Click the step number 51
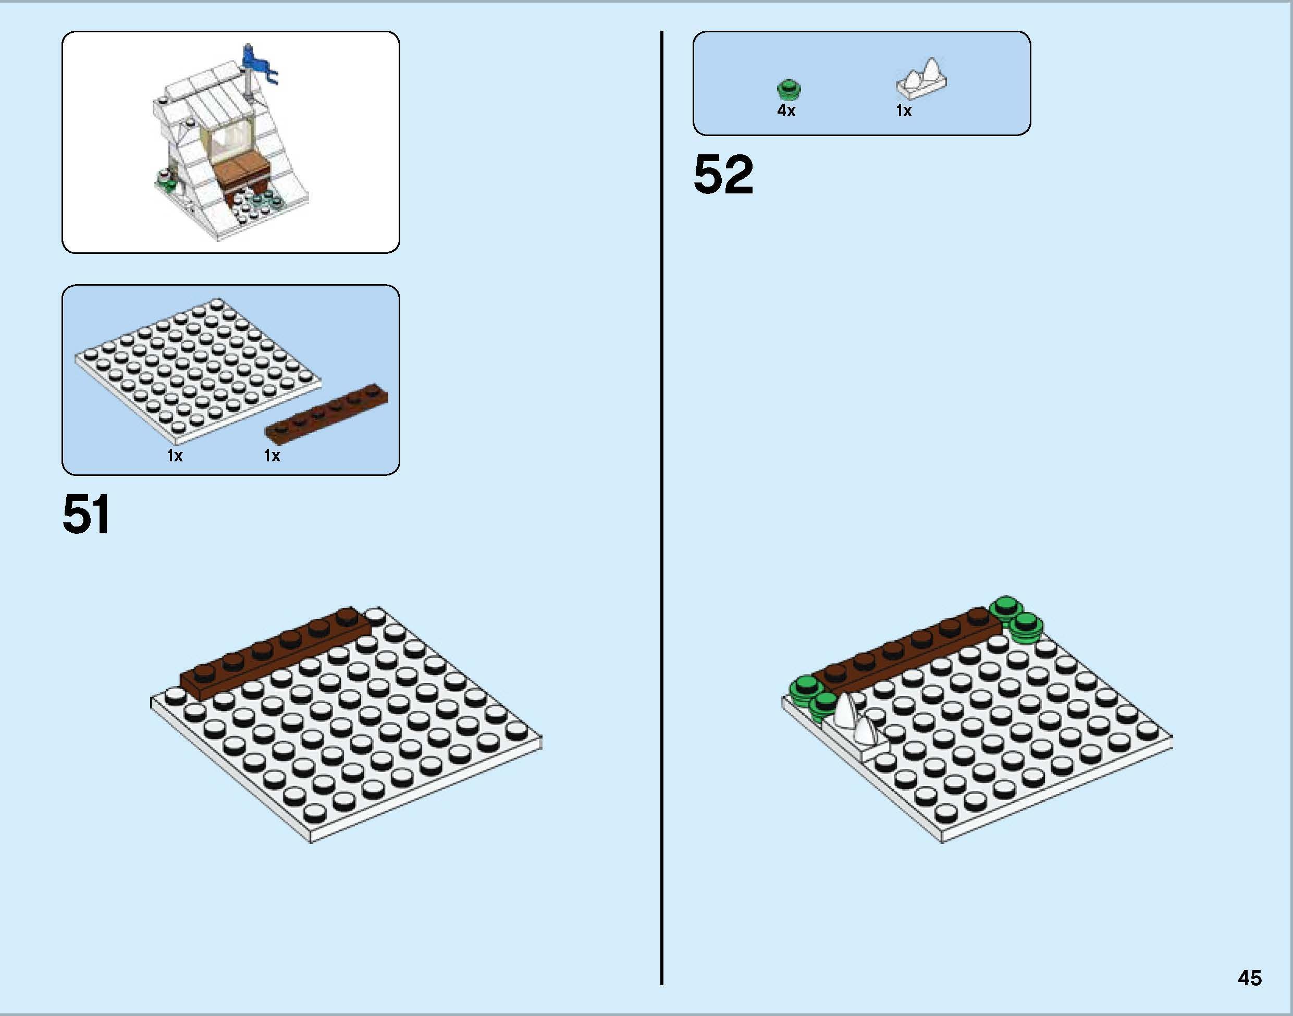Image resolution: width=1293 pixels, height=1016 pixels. pyautogui.click(x=85, y=515)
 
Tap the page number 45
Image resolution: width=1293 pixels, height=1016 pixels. pyautogui.click(x=1250, y=978)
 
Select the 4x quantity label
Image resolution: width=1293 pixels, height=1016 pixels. pyautogui.click(x=786, y=111)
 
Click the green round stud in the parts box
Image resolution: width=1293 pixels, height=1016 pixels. pyautogui.click(x=789, y=89)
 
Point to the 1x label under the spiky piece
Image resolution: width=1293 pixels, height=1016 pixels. pyautogui.click(x=904, y=111)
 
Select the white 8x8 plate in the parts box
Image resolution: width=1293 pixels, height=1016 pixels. pyautogui.click(x=196, y=369)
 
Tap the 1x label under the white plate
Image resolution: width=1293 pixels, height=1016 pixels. pyautogui.click(x=174, y=456)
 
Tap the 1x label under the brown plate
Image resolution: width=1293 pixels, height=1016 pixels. pyautogui.click(x=272, y=456)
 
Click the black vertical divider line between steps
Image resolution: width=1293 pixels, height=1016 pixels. pyautogui.click(x=661, y=506)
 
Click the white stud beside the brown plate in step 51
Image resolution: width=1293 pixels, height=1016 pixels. pyautogui.click(x=375, y=615)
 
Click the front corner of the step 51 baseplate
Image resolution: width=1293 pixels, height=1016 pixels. pyautogui.click(x=311, y=840)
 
